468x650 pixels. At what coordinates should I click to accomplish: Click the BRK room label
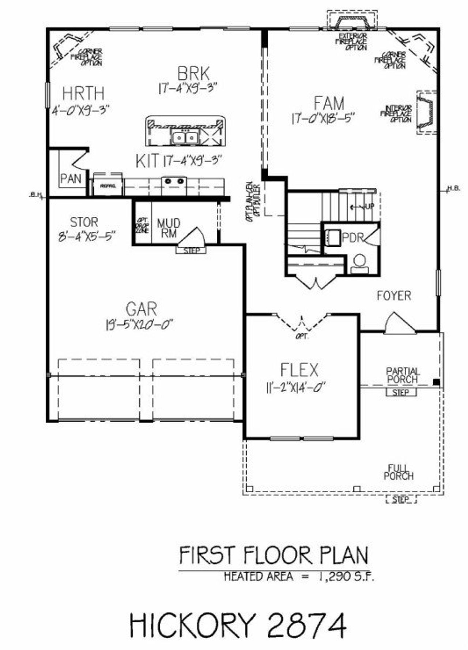(193, 73)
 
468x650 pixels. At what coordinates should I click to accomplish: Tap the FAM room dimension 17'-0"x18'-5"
(323, 119)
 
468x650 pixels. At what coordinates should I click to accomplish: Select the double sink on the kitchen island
(185, 138)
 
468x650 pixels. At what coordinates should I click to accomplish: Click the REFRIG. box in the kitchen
(108, 186)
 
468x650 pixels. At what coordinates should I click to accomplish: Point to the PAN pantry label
(71, 179)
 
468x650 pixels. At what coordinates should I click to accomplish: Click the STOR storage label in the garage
(84, 222)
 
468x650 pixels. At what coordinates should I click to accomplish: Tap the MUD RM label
(169, 228)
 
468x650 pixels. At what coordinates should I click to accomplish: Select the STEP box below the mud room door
(191, 251)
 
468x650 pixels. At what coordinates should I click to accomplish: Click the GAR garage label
(141, 309)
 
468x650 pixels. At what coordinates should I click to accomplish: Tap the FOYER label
(394, 296)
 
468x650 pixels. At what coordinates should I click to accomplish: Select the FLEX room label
(299, 370)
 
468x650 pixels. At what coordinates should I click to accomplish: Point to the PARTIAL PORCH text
(403, 376)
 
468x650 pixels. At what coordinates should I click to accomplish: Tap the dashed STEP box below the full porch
(401, 500)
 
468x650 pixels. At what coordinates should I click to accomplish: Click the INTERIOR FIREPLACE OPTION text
(398, 114)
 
